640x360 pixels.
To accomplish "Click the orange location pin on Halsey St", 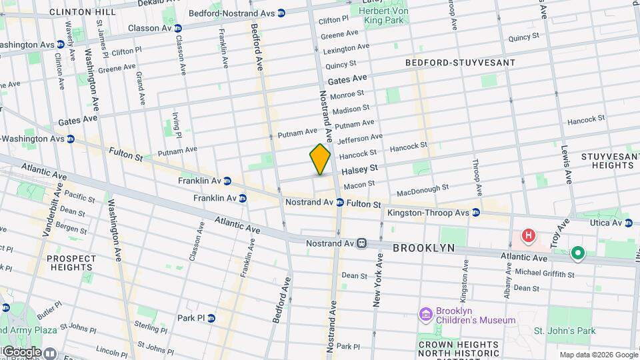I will tap(321, 159).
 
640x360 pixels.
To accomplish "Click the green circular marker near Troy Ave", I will tap(577, 253).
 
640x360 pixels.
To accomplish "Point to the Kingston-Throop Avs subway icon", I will tap(476, 213).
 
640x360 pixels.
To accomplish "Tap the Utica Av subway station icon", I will tap(628, 222).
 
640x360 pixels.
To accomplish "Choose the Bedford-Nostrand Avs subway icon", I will tap(281, 13).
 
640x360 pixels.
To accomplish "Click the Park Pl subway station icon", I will tap(211, 318).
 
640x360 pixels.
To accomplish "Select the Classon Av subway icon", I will tap(177, 28).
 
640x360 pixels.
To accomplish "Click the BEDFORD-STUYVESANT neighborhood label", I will tap(460, 63).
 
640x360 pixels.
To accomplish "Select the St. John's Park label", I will tap(564, 331).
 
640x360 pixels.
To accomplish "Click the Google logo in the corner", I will tap(21, 351).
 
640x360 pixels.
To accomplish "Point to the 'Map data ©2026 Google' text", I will tap(598, 355).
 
